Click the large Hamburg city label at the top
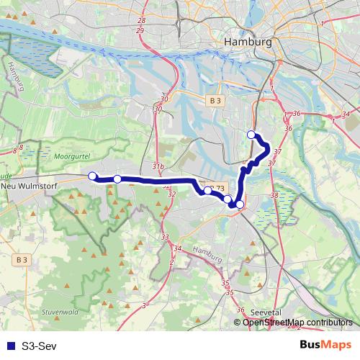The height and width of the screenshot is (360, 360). point(248,42)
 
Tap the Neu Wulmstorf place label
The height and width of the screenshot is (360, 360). point(31,185)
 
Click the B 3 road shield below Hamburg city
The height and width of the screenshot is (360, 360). point(214,102)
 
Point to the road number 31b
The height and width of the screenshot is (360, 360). point(159,166)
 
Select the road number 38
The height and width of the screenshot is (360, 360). point(274,195)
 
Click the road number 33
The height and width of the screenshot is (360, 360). point(165,237)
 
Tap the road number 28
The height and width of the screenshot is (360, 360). point(140,21)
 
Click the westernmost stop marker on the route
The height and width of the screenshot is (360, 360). point(92,176)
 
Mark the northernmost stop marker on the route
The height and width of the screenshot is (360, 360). point(251,134)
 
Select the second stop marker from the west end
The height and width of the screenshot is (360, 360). point(117,179)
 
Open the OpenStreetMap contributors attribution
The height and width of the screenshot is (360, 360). point(298,322)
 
